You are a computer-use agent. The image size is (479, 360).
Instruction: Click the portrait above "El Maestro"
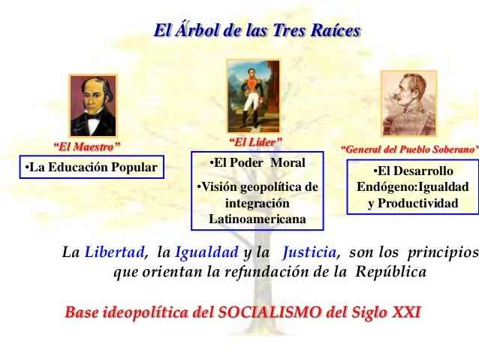pos(93,104)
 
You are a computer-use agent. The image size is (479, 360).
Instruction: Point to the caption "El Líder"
pos(255,141)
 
